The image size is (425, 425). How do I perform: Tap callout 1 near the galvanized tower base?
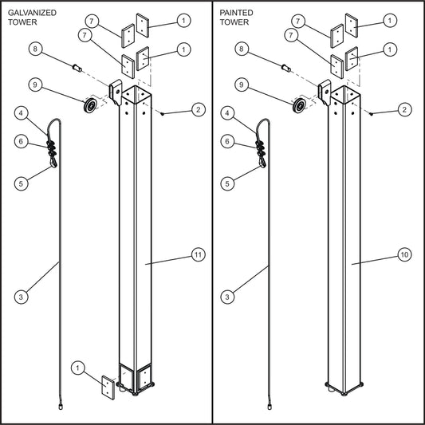point(78,368)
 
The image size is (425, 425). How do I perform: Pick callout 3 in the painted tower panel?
point(229,297)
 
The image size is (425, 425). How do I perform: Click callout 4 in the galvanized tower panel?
point(22,113)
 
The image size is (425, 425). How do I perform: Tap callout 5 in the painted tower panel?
point(229,183)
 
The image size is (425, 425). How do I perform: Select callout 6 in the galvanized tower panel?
point(22,142)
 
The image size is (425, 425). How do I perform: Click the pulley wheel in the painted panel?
point(301,107)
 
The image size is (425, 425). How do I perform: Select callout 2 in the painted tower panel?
point(405,109)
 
